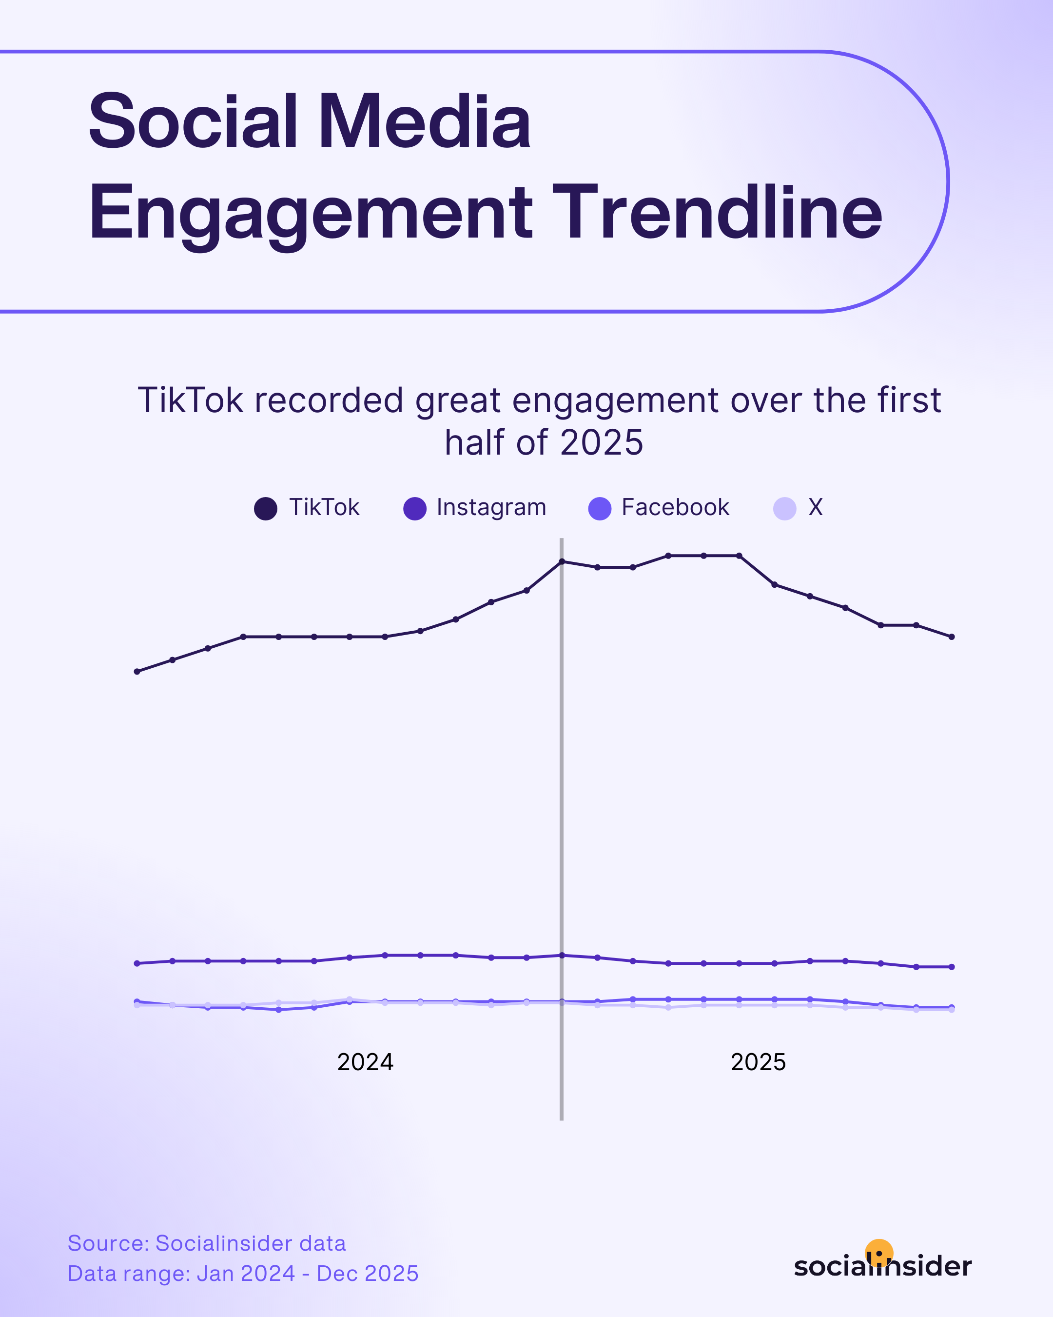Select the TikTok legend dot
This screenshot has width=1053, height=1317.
[266, 508]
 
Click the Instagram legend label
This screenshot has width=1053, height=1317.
[491, 508]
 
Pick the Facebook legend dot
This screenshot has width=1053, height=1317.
[600, 508]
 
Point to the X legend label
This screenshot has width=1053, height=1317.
[816, 507]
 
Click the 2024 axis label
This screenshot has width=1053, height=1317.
[365, 1062]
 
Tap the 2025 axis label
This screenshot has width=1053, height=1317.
[758, 1062]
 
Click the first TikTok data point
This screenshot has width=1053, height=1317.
[136, 671]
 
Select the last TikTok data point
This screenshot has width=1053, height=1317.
[952, 637]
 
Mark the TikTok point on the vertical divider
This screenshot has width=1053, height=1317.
[562, 561]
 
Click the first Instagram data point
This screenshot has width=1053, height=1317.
[136, 963]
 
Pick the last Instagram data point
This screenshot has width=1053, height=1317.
[952, 967]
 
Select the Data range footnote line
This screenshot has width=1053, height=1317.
[243, 1274]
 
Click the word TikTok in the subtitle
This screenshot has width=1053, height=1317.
[191, 401]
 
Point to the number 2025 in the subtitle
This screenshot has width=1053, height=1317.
[601, 443]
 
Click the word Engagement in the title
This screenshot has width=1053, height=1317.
[312, 214]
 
